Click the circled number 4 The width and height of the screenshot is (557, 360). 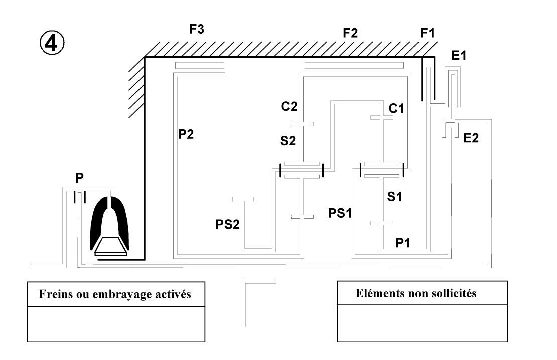click(x=52, y=43)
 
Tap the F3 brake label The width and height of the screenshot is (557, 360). click(x=196, y=29)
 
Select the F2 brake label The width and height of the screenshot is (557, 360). click(x=350, y=33)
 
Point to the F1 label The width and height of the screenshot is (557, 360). click(x=428, y=33)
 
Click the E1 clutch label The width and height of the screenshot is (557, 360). click(x=459, y=55)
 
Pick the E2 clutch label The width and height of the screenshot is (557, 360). click(x=471, y=138)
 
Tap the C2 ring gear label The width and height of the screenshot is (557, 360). click(x=289, y=106)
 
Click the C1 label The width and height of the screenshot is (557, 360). click(x=396, y=108)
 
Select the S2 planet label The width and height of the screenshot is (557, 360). click(x=288, y=141)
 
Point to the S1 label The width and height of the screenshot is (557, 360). click(x=394, y=196)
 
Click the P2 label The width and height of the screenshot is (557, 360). click(x=186, y=134)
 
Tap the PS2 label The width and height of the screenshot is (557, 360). click(x=228, y=224)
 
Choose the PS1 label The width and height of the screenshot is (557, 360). click(x=340, y=213)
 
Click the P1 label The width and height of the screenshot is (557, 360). click(x=403, y=243)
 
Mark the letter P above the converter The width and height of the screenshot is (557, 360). click(x=80, y=177)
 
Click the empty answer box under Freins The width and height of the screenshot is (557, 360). click(x=116, y=324)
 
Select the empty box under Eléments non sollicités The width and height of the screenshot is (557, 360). click(x=423, y=323)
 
